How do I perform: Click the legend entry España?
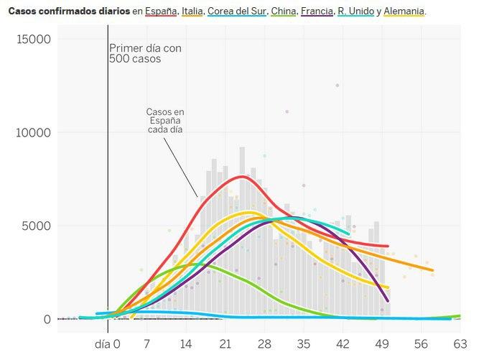[161, 11]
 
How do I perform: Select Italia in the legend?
[192, 11]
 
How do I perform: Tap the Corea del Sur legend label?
[236, 11]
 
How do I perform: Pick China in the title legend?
[284, 11]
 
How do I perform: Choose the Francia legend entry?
[317, 11]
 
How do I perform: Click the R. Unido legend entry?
[356, 11]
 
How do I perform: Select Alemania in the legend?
[404, 11]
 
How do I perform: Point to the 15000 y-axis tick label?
[34, 40]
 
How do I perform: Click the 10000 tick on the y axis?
[33, 133]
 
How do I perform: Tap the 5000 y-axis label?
[36, 226]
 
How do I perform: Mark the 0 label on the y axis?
[47, 319]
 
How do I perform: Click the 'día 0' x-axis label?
[108, 344]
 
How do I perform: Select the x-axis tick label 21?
[225, 344]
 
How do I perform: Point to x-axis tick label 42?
[343, 344]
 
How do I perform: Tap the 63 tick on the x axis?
[460, 344]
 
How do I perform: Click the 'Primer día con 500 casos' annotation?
[145, 53]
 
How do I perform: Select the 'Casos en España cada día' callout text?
[165, 121]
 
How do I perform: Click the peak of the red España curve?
[243, 177]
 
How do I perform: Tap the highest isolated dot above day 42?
[338, 86]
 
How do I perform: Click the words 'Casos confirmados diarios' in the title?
[69, 11]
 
